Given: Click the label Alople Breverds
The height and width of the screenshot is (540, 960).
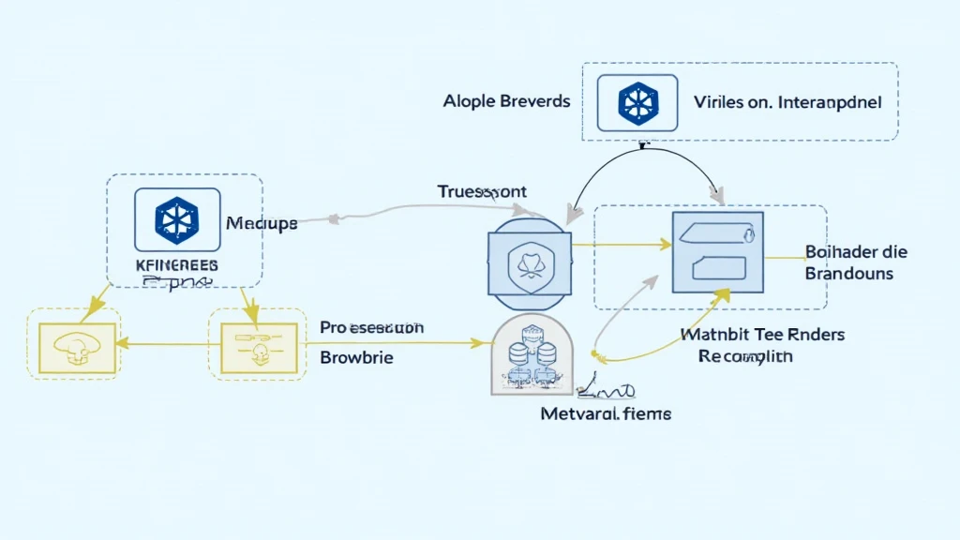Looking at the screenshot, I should point(506,101).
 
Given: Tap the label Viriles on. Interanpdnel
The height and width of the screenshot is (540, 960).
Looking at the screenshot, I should point(787,103).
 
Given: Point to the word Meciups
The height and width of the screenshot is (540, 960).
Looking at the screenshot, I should point(262,224).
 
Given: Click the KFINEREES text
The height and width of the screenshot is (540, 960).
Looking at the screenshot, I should point(176,265).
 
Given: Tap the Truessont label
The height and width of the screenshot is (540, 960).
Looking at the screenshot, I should point(482,192).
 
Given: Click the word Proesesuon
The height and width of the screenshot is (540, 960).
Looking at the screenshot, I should point(371,328).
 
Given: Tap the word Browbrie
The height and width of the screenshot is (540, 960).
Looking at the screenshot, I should point(356,357).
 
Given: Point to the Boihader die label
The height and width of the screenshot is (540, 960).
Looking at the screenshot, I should point(856,252).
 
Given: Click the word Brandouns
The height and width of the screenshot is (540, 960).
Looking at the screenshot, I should point(849,274).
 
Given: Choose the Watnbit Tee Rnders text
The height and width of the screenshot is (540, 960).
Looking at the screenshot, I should point(761,334).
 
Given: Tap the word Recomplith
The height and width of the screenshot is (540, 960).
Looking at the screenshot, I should point(745,356).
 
